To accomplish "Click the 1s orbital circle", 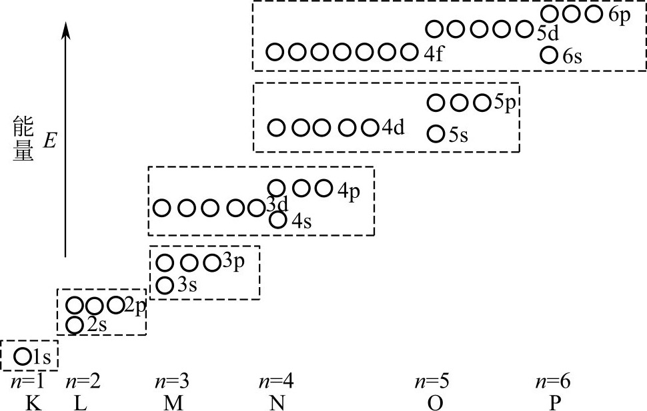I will [22, 355].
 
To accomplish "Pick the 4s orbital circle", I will [278, 219].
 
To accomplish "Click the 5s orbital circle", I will [435, 134].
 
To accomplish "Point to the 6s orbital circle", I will [549, 55].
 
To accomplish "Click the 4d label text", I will [394, 127].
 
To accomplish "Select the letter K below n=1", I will [29, 402].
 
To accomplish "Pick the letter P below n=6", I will [553, 402].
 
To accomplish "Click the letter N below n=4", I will [275, 402].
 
